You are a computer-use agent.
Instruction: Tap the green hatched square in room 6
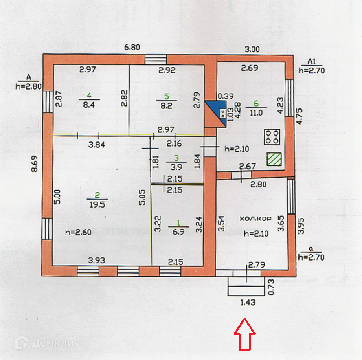point(274,160)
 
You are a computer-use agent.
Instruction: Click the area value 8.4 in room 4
point(88,104)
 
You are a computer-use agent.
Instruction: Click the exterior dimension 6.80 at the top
point(132,47)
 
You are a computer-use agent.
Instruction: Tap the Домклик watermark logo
point(47,343)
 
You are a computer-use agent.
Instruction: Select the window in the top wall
point(156,59)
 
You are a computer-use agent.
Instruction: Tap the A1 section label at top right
point(312,62)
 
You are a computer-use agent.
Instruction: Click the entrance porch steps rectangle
point(246,286)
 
